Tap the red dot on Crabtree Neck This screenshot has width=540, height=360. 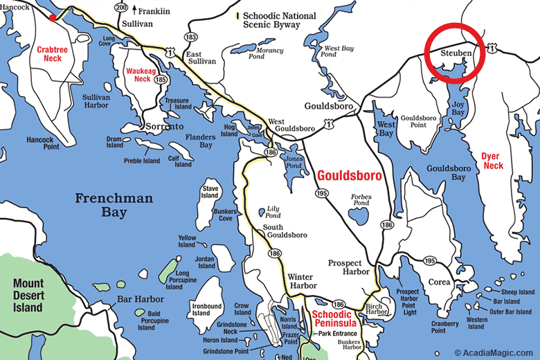[53, 17]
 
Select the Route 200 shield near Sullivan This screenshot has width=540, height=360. [122, 8]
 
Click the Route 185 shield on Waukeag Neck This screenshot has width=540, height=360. [160, 80]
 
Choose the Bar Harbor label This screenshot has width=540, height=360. [141, 299]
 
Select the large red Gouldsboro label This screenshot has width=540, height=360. [349, 176]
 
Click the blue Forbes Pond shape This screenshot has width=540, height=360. [360, 216]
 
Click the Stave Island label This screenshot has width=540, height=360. [210, 191]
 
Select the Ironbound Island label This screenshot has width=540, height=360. [206, 309]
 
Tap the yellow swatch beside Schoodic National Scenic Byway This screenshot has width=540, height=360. [237, 15]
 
